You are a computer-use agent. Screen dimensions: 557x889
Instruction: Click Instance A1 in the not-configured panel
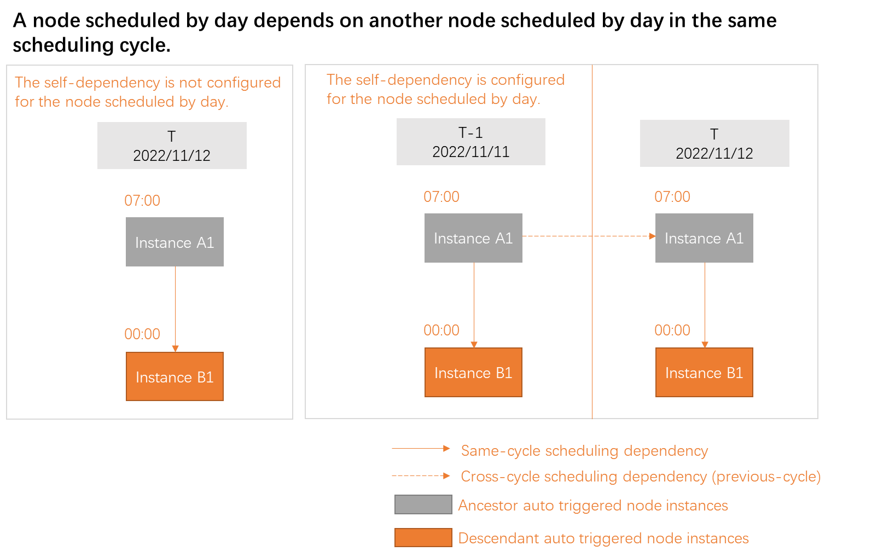(x=175, y=242)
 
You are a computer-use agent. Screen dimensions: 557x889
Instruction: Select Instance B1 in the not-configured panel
(x=175, y=376)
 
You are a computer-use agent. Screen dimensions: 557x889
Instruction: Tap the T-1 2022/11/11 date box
(x=470, y=142)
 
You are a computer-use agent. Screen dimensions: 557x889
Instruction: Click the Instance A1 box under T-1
(x=473, y=238)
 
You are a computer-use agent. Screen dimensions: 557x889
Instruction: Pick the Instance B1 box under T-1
(x=473, y=373)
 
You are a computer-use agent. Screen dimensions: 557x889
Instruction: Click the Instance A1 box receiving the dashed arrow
(x=704, y=238)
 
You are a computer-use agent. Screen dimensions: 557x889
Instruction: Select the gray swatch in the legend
(x=423, y=504)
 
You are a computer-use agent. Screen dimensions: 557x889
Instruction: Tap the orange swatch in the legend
(x=423, y=537)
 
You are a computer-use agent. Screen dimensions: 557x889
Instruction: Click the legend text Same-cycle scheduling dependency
(x=584, y=451)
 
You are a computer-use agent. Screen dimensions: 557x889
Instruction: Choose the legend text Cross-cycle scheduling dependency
(x=640, y=477)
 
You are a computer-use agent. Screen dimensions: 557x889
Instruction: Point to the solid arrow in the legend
(x=420, y=449)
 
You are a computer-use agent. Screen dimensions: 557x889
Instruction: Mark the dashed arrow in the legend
(x=420, y=476)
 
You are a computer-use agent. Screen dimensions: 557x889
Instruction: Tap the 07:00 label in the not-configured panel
(x=142, y=200)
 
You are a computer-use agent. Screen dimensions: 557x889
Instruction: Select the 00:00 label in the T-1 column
(x=441, y=330)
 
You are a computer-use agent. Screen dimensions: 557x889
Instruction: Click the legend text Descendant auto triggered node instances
(x=603, y=538)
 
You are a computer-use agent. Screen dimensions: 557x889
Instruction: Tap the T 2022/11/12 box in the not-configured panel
(x=172, y=146)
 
